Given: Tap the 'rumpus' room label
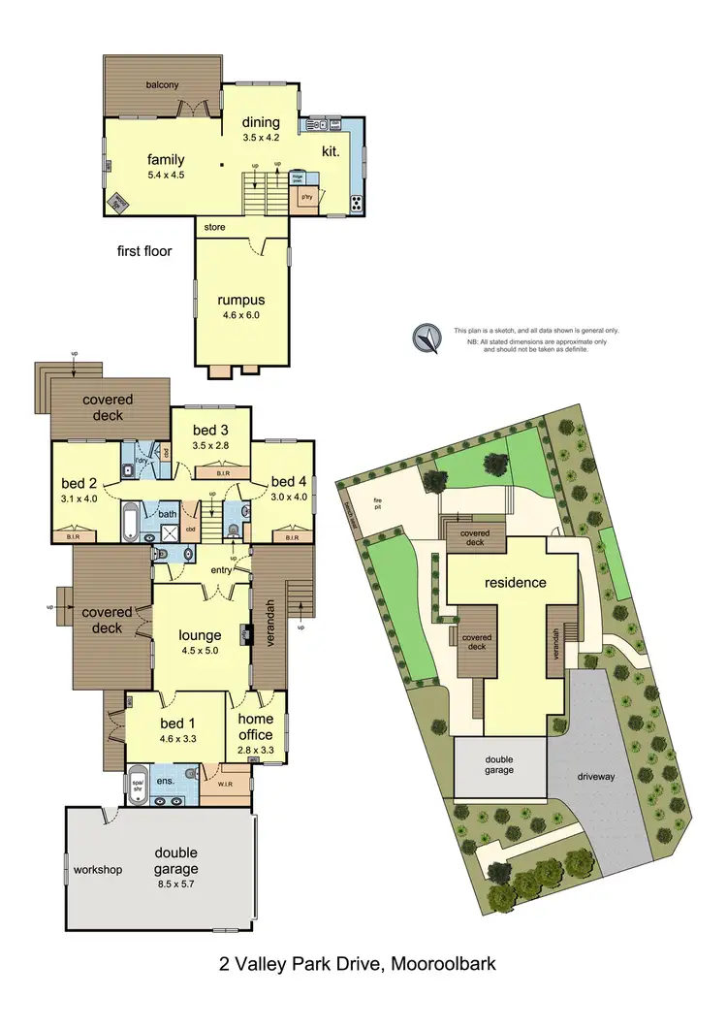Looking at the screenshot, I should coord(240,300).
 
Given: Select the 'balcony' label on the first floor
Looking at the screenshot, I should coord(162,85).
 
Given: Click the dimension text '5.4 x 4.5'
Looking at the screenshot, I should coord(165,176).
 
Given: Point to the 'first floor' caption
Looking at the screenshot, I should coord(143,251).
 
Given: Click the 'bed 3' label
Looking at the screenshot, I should coord(210,431).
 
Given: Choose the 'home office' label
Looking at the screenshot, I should coord(257,725).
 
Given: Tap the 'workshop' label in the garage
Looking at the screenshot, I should coord(98,870).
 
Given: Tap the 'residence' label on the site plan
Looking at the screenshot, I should coord(516,583).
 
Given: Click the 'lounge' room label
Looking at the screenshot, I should coord(201,635).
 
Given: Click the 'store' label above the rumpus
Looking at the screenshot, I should coord(214,227).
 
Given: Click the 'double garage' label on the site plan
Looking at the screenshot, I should coord(500,763).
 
